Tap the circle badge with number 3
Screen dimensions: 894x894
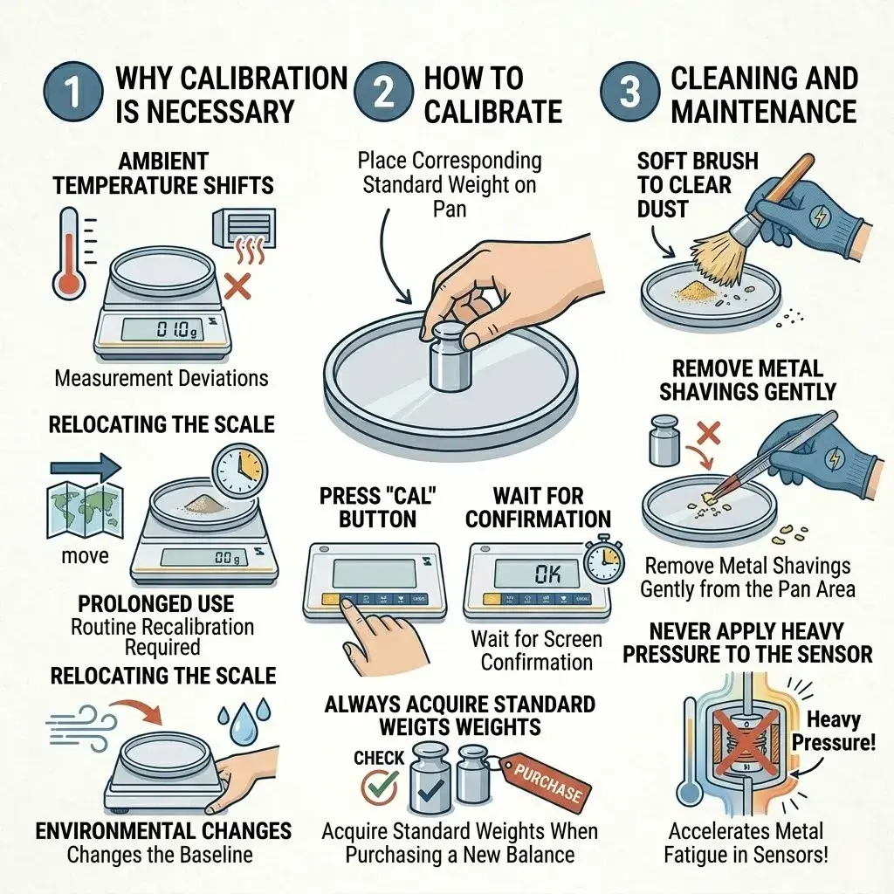[x=629, y=93]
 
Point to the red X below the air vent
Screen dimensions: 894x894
[x=237, y=285]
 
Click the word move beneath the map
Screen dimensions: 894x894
[x=85, y=556]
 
